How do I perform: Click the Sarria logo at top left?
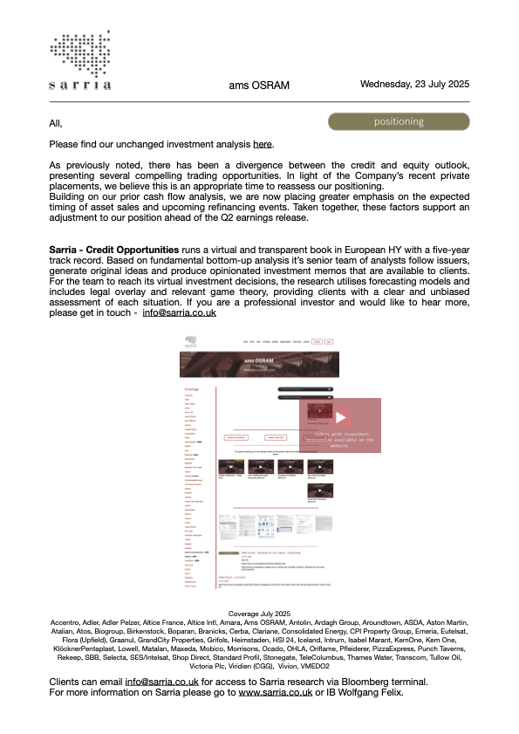(x=81, y=61)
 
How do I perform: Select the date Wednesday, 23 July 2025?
(x=415, y=85)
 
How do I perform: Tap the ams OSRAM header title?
(x=259, y=86)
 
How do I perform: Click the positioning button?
(x=399, y=121)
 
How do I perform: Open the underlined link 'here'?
(x=263, y=144)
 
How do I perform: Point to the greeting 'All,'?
(x=57, y=123)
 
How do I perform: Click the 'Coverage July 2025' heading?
(x=258, y=614)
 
